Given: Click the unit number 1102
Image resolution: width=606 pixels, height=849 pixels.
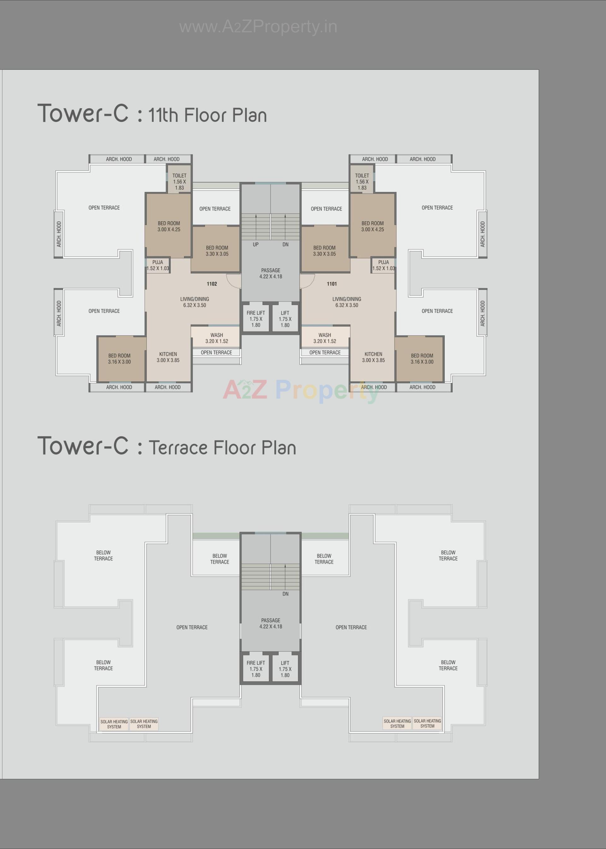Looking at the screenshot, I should click(211, 284).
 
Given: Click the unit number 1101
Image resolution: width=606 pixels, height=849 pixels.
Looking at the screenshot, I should click(332, 284).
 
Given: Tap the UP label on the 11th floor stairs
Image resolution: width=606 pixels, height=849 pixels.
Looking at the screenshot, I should click(256, 244).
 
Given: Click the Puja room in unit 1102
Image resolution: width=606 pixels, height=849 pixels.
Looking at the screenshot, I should click(157, 265).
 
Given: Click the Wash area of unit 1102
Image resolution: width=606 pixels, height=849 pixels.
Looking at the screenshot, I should click(217, 338).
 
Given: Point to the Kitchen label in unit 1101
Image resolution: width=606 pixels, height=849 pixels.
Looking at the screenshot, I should click(373, 354).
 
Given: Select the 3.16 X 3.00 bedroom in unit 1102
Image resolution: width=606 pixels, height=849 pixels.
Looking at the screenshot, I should click(119, 359).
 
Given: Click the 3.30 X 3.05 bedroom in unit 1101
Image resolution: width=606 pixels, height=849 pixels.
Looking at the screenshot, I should click(324, 251).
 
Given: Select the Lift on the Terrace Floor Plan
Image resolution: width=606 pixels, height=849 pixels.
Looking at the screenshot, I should click(285, 669).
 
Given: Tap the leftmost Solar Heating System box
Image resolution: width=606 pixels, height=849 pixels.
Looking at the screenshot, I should click(114, 724).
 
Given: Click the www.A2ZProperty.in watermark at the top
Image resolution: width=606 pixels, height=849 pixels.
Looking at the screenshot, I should click(258, 27).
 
